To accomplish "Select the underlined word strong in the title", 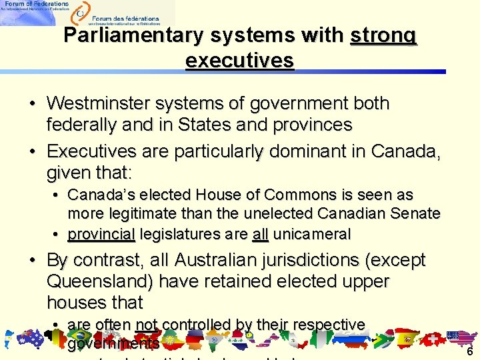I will (383, 35).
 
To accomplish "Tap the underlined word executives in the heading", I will (239, 61).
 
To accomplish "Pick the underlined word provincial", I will (101, 234).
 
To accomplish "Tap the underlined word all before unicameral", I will (260, 234).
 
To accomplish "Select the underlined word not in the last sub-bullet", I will (146, 325).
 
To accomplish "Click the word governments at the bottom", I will (113, 344).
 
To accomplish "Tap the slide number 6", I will (469, 352).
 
